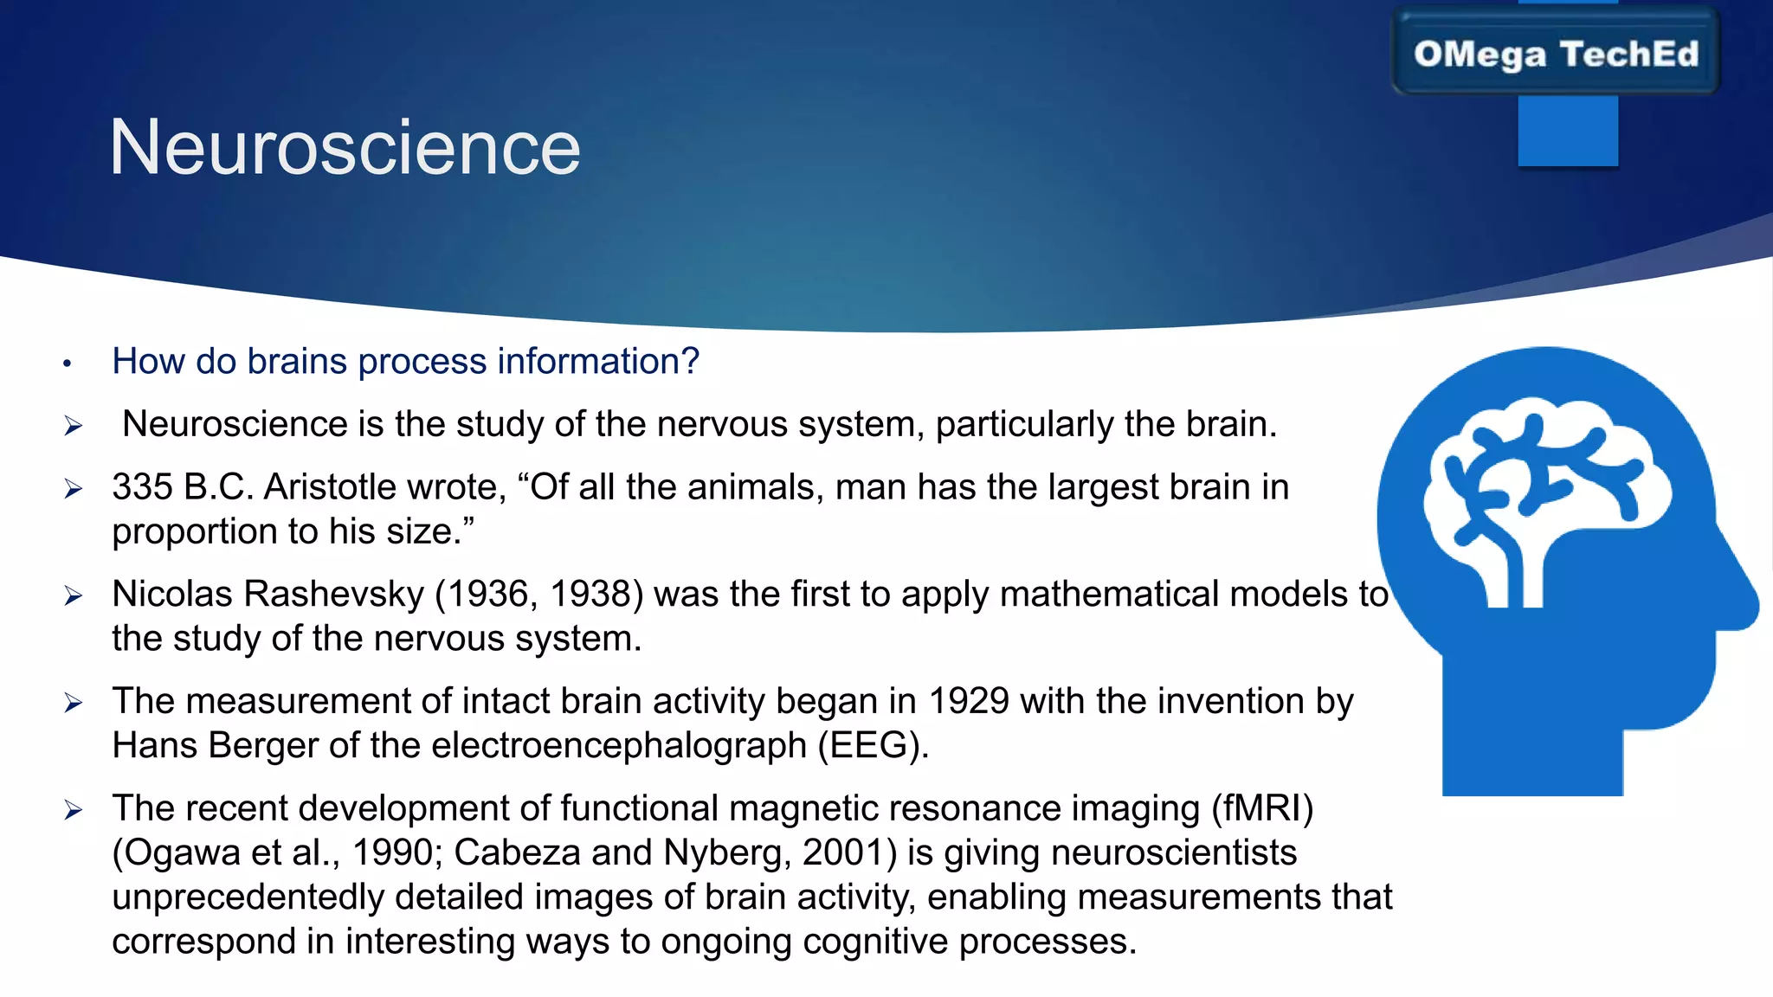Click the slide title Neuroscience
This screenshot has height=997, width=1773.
coord(345,148)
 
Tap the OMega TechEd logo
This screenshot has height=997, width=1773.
coord(1556,54)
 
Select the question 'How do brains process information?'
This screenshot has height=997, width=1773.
coord(405,361)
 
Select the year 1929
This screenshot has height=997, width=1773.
coord(968,701)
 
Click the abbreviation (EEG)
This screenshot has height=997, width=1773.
coord(873,746)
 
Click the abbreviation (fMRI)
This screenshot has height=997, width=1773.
coord(1262,808)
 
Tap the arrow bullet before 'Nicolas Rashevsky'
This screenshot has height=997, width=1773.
coord(73,595)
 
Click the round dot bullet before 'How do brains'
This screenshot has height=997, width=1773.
coord(67,364)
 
